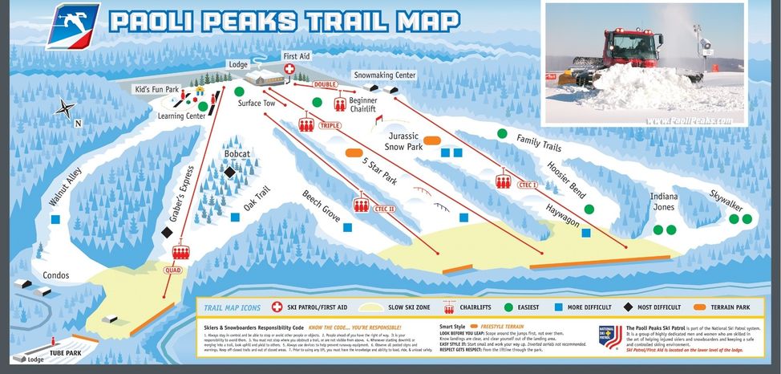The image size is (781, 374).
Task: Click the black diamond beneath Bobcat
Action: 229,172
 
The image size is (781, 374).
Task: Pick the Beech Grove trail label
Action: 321,206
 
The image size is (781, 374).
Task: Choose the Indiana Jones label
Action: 662,202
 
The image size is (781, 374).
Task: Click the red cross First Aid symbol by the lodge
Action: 289,70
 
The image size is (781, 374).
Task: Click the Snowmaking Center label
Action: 385,75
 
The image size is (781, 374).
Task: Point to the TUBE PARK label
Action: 66,351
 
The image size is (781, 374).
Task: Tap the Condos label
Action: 56,275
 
